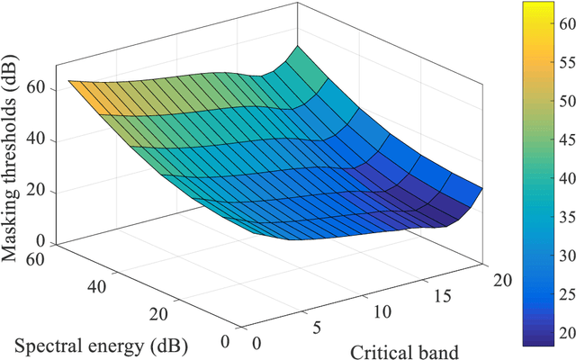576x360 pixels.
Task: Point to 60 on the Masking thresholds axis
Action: pos(37,89)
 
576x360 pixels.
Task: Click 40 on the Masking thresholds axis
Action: pos(37,139)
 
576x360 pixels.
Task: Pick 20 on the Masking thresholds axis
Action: pos(37,191)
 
